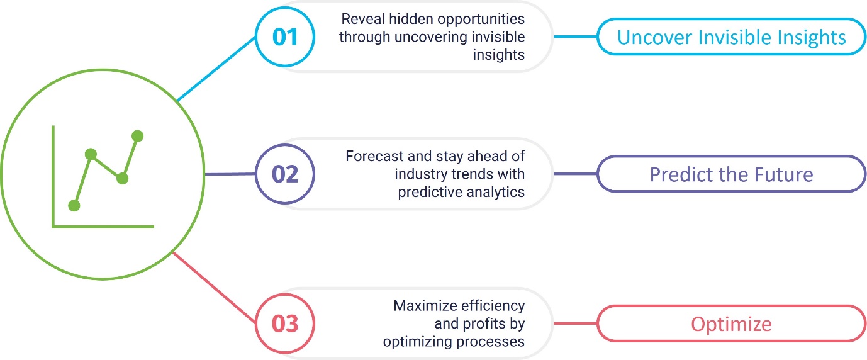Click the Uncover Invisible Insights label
(x=731, y=37)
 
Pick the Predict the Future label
(x=731, y=174)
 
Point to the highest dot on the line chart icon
(x=137, y=136)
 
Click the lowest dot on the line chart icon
(x=74, y=206)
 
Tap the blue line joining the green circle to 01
(x=216, y=69)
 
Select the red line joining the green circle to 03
(x=214, y=287)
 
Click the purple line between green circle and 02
(x=230, y=174)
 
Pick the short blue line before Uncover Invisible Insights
(x=575, y=37)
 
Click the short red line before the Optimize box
(x=575, y=323)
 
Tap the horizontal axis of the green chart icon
(x=103, y=227)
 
